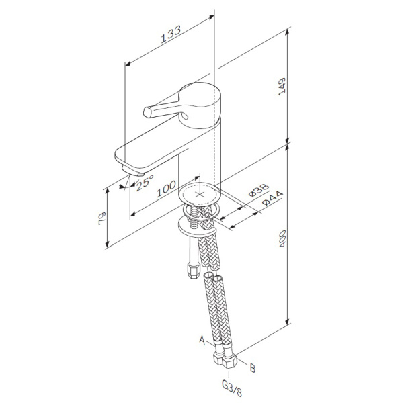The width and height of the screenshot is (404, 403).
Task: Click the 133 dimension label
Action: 171,34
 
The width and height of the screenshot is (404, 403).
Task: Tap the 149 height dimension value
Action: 282,87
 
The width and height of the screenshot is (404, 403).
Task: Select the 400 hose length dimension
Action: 282,238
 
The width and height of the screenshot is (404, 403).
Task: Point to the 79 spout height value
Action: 102,218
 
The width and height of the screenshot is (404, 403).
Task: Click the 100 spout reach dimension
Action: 167,189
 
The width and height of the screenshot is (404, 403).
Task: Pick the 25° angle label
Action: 145,182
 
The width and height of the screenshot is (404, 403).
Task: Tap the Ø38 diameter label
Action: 258,190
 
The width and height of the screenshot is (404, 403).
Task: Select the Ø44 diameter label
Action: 272,197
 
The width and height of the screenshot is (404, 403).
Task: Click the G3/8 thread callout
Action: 232,388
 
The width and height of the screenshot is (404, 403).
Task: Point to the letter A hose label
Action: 202,340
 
